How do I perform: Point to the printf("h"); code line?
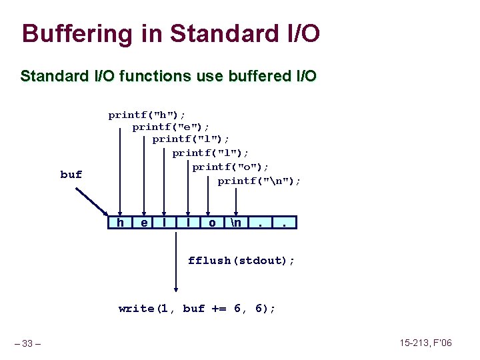(x=147, y=115)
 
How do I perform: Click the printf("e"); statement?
(x=171, y=127)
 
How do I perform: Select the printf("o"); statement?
(x=231, y=166)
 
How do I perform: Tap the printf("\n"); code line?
(x=259, y=181)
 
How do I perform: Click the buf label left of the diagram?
(x=71, y=175)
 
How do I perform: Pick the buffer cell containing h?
(x=120, y=222)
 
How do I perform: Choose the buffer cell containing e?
(x=145, y=222)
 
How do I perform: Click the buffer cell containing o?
(x=212, y=222)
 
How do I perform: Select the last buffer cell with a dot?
(x=285, y=222)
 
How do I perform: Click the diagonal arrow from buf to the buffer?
(x=92, y=202)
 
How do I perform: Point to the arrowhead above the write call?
(x=176, y=289)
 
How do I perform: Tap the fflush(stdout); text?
(x=241, y=260)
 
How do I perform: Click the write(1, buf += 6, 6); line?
(x=197, y=308)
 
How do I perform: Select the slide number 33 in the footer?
(x=27, y=343)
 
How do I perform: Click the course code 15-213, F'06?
(x=425, y=343)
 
